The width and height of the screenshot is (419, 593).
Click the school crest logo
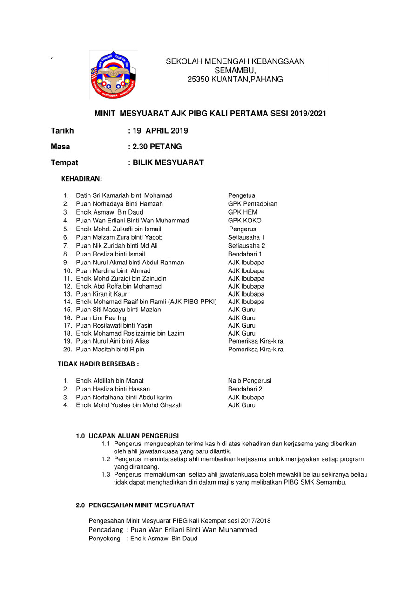pyautogui.click(x=113, y=75)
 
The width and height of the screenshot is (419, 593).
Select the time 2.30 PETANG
pyautogui.click(x=157, y=147)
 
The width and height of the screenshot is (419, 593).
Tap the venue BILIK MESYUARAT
pyautogui.click(x=168, y=162)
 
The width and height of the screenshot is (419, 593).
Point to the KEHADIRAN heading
pyautogui.click(x=81, y=179)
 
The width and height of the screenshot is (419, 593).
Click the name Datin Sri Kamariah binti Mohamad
pyautogui.click(x=124, y=195)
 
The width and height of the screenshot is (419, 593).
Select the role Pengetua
pyautogui.click(x=242, y=195)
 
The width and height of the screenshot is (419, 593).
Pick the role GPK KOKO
pyautogui.click(x=244, y=221)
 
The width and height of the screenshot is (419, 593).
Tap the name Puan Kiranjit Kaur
pyautogui.click(x=101, y=294)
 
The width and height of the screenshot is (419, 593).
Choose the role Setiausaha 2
pyautogui.click(x=246, y=246)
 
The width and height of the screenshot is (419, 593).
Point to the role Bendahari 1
pyautogui.click(x=245, y=254)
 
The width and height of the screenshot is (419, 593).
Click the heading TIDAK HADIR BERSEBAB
pyautogui.click(x=98, y=364)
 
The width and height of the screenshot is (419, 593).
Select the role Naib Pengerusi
pyautogui.click(x=250, y=381)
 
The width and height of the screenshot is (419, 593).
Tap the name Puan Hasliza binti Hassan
pyautogui.click(x=113, y=389)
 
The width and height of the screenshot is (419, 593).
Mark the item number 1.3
pyautogui.click(x=106, y=475)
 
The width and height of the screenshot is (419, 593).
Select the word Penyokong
pyautogui.click(x=105, y=539)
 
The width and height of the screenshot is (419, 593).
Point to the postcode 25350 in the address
pyautogui.click(x=198, y=80)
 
